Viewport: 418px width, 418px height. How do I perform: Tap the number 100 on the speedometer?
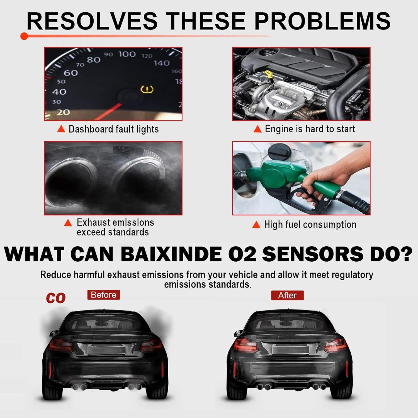tap(127, 54)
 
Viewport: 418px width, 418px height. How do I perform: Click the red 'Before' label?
tap(103, 295)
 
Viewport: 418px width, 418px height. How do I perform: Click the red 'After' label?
tap(287, 295)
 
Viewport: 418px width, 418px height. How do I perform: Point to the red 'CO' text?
tap(56, 298)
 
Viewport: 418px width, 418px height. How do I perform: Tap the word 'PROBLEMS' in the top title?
tap(323, 21)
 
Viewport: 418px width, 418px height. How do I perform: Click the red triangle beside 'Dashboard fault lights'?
tap(61, 129)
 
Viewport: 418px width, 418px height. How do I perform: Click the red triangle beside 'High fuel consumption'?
tap(256, 225)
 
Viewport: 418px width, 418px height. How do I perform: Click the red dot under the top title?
tap(24, 36)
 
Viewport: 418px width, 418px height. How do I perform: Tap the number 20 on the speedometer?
tap(63, 112)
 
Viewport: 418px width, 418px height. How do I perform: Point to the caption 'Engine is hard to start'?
tap(310, 129)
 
